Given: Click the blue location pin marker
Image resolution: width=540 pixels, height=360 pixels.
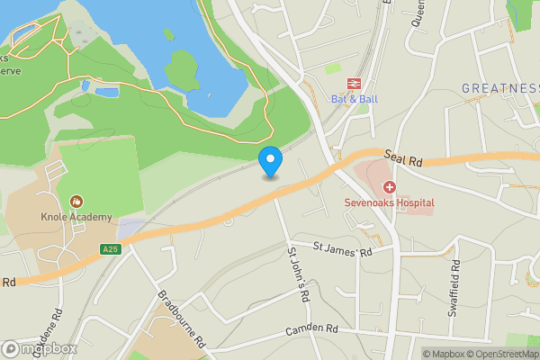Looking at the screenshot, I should [270, 161].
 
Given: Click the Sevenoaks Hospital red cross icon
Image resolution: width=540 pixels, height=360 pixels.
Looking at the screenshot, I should [390, 187].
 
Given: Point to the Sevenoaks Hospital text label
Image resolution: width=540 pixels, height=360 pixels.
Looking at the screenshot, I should [389, 202].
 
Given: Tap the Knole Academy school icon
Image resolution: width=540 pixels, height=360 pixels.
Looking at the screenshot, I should [76, 202].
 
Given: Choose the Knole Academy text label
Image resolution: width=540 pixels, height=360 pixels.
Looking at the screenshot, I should [76, 217].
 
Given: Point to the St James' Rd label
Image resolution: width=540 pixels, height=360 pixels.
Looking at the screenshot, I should [342, 248].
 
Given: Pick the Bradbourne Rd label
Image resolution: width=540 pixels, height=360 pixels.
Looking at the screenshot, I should [182, 319].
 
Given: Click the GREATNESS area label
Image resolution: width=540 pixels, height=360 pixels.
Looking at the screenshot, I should [499, 88].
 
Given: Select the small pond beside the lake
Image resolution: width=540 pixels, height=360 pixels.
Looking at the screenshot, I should [105, 91].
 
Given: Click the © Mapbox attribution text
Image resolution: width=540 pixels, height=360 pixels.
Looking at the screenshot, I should [447, 354].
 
